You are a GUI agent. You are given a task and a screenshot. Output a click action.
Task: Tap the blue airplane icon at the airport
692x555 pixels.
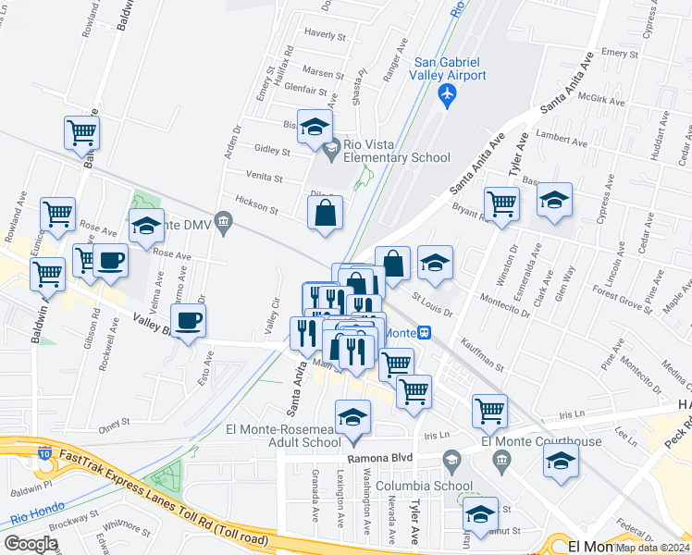[449, 93]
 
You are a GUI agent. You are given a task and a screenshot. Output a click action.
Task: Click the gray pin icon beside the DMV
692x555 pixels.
[222, 221]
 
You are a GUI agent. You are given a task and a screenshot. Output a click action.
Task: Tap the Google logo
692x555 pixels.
[31, 544]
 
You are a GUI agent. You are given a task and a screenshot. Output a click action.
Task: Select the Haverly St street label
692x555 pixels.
[324, 37]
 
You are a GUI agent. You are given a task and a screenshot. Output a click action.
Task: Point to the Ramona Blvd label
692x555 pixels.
[378, 458]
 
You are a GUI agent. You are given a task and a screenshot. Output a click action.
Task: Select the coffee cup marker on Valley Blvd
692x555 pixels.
[189, 322]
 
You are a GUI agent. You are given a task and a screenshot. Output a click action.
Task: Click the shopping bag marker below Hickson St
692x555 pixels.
[326, 216]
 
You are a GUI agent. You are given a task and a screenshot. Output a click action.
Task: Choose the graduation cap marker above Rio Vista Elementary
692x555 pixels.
[315, 129]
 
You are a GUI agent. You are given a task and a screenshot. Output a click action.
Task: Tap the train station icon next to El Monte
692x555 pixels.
[424, 333]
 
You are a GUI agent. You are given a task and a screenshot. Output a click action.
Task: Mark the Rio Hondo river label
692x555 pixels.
[31, 519]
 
